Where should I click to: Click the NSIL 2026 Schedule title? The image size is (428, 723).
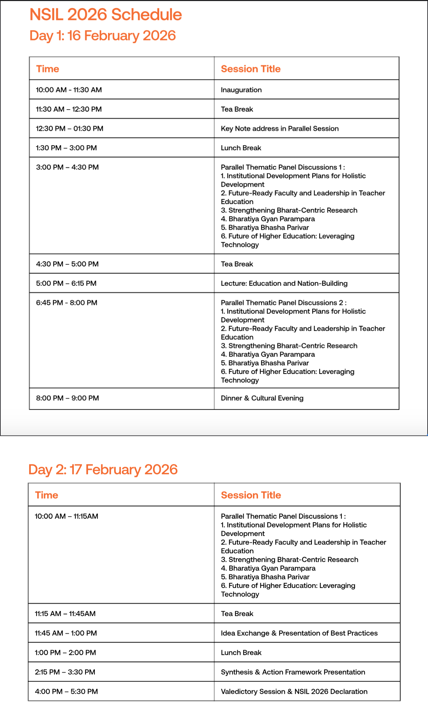click(106, 15)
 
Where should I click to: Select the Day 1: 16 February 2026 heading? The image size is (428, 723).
click(103, 36)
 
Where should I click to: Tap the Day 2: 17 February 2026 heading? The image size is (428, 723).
click(103, 469)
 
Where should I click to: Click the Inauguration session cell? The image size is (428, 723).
click(241, 90)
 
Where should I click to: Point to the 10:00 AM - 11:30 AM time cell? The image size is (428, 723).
click(69, 90)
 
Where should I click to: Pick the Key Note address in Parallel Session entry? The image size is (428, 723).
click(280, 129)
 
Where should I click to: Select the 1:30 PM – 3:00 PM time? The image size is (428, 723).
click(66, 148)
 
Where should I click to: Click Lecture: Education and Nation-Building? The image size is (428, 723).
click(284, 283)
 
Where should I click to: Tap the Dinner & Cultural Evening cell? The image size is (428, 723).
click(262, 398)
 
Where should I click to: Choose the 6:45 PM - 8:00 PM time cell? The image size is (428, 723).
click(67, 302)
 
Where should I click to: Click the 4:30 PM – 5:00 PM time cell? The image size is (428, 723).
click(67, 264)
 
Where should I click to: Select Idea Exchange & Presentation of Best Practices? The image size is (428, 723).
click(299, 633)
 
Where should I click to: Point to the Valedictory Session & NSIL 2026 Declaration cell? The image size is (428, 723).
click(294, 692)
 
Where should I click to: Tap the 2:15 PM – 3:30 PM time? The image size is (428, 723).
click(65, 672)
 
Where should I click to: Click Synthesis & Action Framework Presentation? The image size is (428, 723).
click(293, 672)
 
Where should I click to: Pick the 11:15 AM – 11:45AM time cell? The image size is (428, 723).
click(65, 614)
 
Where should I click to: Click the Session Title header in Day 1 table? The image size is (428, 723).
click(251, 69)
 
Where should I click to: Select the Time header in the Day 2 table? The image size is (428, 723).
click(47, 495)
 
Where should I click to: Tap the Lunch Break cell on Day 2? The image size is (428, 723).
click(241, 653)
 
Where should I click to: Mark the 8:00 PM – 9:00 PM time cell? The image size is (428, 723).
click(67, 398)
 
